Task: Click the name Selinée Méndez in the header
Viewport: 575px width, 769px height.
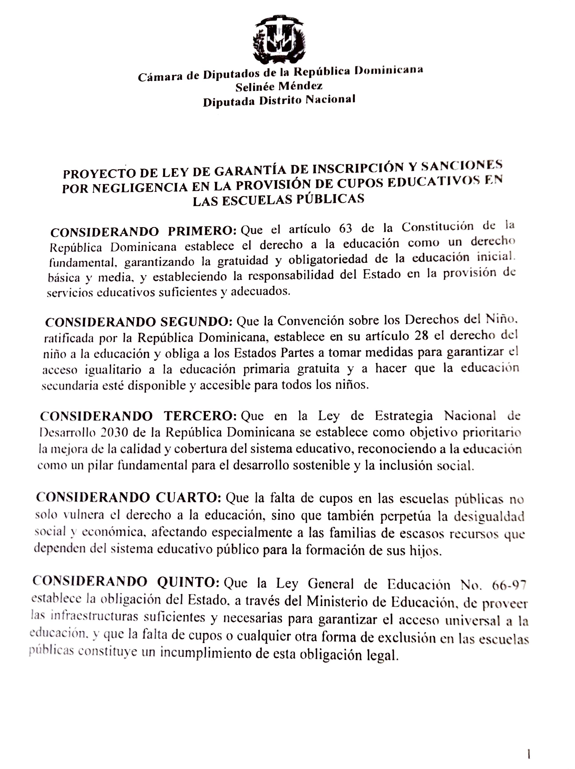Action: tap(279, 86)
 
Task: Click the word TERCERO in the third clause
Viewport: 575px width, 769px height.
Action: tap(200, 416)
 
